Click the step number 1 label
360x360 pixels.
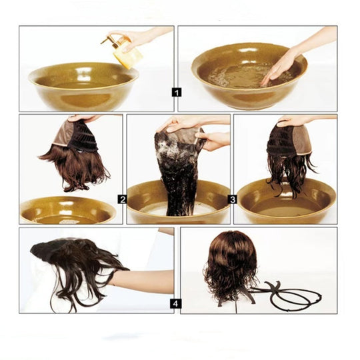click(x=176, y=92)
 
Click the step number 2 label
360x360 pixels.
click(x=123, y=199)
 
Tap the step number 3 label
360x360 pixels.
click(x=233, y=199)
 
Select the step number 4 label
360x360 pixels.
click(x=176, y=303)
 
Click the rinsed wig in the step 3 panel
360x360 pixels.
click(x=289, y=157)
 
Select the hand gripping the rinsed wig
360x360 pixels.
click(x=293, y=120)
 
